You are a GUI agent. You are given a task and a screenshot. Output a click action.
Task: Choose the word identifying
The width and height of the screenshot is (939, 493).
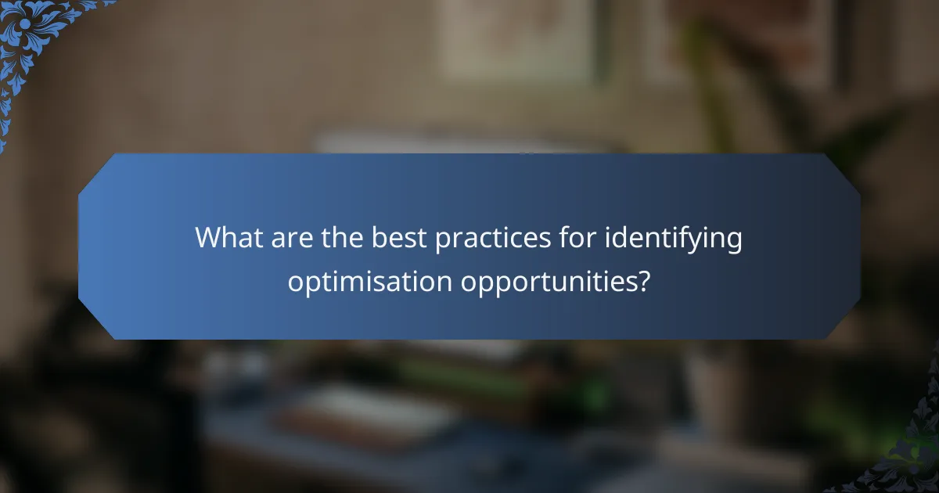(677, 239)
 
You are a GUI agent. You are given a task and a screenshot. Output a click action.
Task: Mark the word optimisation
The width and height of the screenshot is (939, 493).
(369, 282)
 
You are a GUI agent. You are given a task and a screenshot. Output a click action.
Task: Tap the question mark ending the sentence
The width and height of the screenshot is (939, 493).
(643, 281)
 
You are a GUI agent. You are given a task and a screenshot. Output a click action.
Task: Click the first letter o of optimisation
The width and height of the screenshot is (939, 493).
(294, 283)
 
